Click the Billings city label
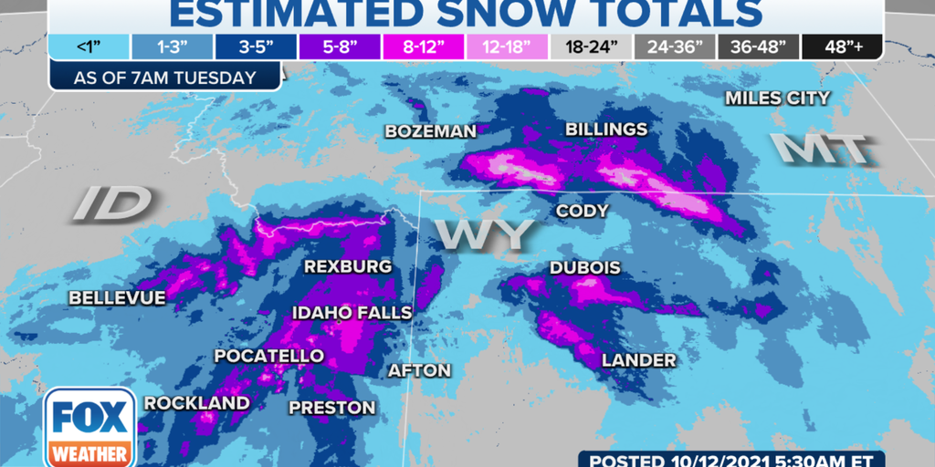click(606, 130)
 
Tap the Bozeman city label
click(430, 131)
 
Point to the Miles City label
click(777, 98)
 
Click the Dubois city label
click(585, 268)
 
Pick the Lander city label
click(639, 360)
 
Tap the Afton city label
click(420, 370)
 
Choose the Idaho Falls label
click(352, 313)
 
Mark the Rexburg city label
click(348, 267)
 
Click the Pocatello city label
click(268, 355)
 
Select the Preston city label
click(332, 408)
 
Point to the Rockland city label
click(197, 402)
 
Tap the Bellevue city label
click(117, 298)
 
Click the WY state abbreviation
click(483, 233)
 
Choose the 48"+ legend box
click(842, 47)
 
